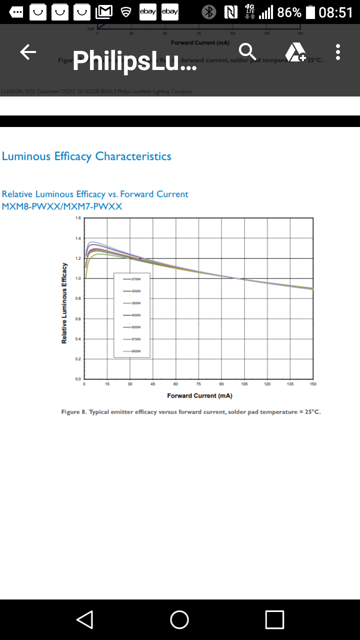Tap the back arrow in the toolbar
[28, 52]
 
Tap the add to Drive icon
[295, 52]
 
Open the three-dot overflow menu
[338, 52]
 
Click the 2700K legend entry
[132, 278]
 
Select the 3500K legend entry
[132, 303]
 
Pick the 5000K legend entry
[132, 327]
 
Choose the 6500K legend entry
[132, 351]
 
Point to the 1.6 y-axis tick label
[77, 218]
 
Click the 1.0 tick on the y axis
[77, 278]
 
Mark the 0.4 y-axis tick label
[77, 339]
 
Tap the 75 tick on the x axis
[198, 384]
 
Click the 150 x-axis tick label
[313, 384]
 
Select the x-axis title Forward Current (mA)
[199, 395]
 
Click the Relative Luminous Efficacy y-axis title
[64, 303]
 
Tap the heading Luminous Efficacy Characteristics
[86, 156]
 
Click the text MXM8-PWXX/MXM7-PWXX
[62, 206]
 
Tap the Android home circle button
[179, 619]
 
